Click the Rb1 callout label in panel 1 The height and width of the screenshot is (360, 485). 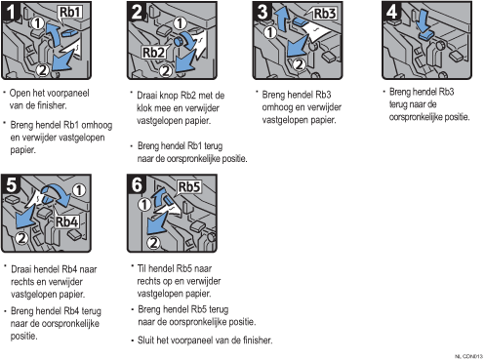tap(70, 12)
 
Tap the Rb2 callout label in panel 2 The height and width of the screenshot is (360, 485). tap(154, 52)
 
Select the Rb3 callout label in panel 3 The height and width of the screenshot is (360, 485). tap(324, 14)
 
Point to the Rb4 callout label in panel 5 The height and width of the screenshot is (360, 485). tap(66, 221)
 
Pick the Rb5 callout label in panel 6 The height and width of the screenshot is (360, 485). tap(189, 187)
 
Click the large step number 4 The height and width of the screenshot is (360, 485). tap(391, 13)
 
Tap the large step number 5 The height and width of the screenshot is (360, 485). tap(12, 185)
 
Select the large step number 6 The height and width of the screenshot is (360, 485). tap(137, 185)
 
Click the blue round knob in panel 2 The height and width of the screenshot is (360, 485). tap(179, 41)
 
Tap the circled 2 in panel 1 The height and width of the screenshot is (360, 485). tap(43, 69)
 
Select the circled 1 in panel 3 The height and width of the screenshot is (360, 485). tap(270, 32)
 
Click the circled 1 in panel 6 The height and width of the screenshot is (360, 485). tap(144, 205)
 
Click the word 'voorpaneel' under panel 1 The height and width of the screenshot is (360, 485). tap(68, 93)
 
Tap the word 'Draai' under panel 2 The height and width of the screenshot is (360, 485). tap(147, 96)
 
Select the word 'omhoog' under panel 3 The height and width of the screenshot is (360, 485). tap(276, 107)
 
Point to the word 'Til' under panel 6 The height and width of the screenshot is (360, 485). tap(141, 268)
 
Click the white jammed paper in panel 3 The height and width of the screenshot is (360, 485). tap(316, 32)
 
